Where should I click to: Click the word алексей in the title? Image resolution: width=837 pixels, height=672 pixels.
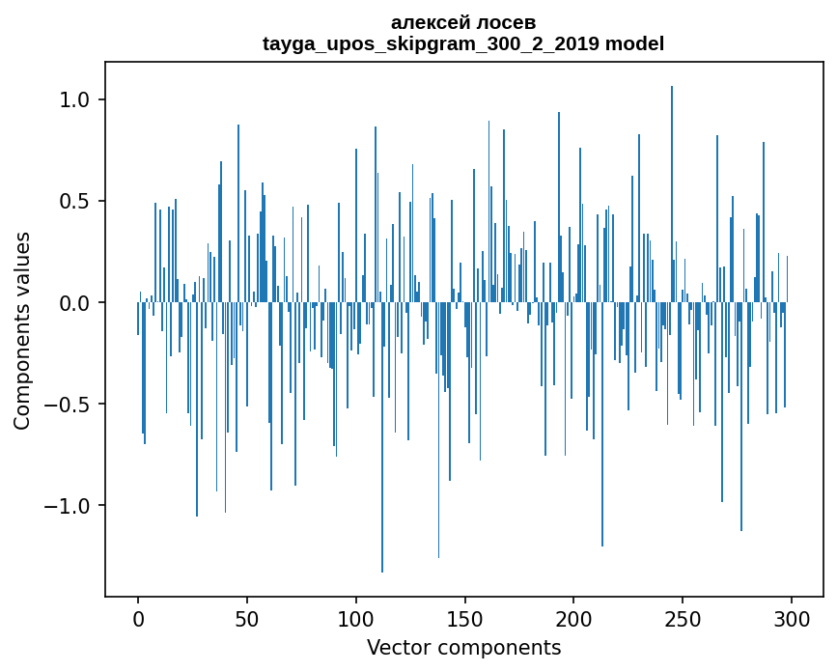coord(425,22)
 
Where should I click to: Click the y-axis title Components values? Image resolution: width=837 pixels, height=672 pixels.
coord(22,330)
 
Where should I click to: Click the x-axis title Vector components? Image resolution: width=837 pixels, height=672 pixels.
coord(463,647)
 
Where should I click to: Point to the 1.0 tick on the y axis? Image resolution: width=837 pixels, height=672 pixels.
coord(72,100)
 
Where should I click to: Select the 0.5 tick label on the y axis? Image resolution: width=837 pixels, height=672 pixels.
coord(72,202)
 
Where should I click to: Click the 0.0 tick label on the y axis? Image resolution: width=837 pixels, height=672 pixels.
coord(72,303)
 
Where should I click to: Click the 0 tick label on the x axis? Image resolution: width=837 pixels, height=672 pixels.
coord(138,618)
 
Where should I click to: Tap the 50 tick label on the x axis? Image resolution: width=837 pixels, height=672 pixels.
coord(247,618)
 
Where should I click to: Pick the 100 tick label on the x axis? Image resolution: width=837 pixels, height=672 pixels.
coord(356,618)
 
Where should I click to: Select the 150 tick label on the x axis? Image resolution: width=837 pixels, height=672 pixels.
coord(465,618)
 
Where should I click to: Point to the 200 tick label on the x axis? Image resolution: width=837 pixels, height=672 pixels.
coord(574,618)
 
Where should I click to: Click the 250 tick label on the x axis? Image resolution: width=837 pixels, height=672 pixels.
coord(684,618)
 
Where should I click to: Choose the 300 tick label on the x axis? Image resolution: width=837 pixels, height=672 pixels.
coord(792,618)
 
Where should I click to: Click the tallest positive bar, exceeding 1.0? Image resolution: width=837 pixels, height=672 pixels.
coord(672,193)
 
